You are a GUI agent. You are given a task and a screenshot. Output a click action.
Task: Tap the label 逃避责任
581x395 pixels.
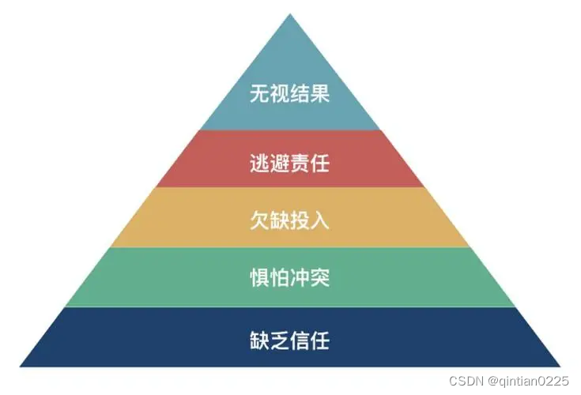(x=289, y=164)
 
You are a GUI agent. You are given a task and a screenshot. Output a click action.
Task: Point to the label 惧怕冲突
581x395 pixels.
(x=289, y=278)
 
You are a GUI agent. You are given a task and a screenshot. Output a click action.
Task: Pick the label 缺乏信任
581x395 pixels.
(x=289, y=341)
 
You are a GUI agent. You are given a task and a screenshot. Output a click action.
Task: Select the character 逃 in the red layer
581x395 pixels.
(x=259, y=164)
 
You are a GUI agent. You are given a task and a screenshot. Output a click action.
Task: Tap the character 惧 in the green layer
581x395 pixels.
(x=259, y=278)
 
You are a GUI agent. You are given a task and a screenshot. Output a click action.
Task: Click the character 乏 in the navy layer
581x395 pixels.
(x=279, y=341)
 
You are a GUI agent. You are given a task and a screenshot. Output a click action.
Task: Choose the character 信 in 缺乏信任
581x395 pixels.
(x=300, y=341)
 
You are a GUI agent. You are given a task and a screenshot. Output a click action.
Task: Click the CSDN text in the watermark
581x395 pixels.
(x=466, y=382)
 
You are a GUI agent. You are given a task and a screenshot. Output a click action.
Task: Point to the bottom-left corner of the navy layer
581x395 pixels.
(x=21, y=366)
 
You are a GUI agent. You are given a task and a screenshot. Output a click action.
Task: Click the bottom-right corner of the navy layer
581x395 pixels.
(x=559, y=366)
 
